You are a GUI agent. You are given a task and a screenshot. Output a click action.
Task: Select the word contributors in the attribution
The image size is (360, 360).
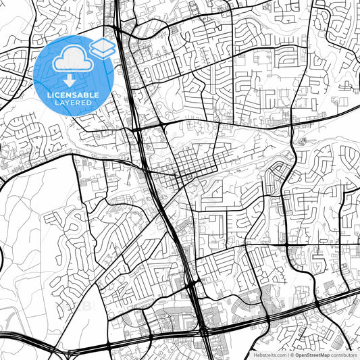coord(344,354)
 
